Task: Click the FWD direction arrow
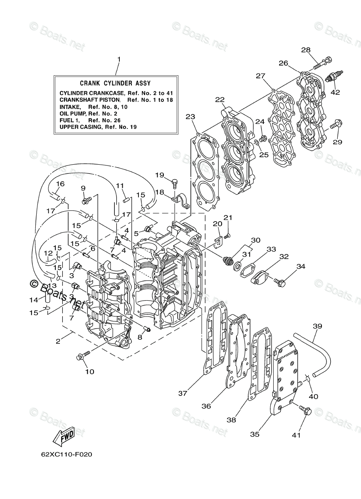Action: pos(63,436)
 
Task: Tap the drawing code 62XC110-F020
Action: pos(61,454)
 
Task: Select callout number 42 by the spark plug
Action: pos(335,92)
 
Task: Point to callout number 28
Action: pos(306,50)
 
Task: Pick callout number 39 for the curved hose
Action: pos(317,326)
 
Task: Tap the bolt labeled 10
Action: pos(82,356)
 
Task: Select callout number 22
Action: pos(220,99)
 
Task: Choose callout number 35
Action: pos(255,434)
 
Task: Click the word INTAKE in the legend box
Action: pos(69,106)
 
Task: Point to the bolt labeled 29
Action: pos(335,124)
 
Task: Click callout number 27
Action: pos(261,76)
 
